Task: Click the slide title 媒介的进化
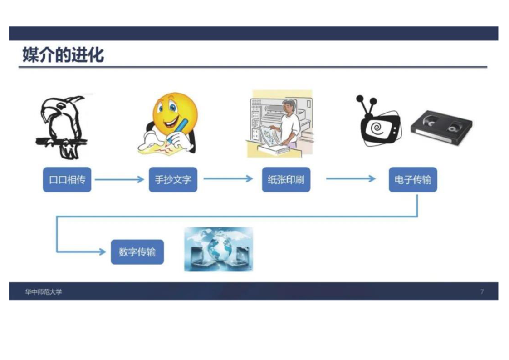pos(64,54)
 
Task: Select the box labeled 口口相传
pos(67,180)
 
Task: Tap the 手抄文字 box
pos(173,180)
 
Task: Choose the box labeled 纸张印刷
pos(286,180)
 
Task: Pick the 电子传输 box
pos(413,180)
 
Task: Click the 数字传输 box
pos(137,252)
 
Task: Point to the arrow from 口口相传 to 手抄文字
pos(119,179)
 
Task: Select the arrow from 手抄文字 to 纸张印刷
pos(228,179)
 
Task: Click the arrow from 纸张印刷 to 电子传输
pos(351,178)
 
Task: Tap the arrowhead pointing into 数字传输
pos(102,252)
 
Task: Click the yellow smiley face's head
pos(175,112)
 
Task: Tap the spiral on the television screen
pos(377,128)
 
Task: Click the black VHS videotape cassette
pos(441,128)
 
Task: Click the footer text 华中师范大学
pos(44,292)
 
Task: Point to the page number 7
pos(482,292)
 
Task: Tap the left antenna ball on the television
pos(360,99)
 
